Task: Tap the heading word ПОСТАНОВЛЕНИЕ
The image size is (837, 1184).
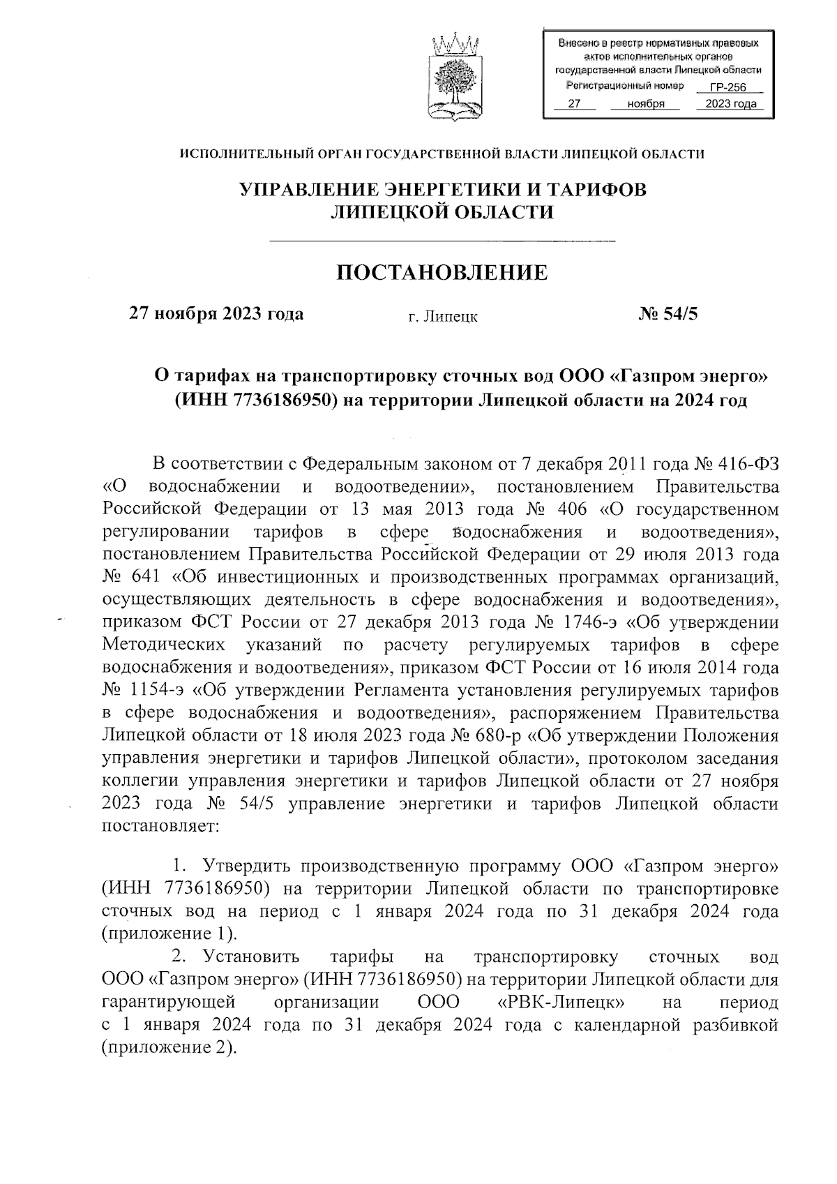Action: point(442,272)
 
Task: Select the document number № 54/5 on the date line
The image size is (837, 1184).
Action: point(668,313)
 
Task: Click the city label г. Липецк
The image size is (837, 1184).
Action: point(443,317)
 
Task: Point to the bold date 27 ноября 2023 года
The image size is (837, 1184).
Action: point(216,313)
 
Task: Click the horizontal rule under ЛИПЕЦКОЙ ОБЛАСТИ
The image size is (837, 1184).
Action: point(442,241)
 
